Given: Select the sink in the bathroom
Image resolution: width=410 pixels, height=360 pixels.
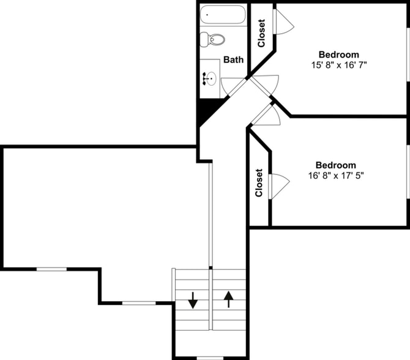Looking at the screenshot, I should (x=210, y=78).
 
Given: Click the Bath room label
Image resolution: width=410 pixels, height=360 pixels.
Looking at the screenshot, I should (x=233, y=60).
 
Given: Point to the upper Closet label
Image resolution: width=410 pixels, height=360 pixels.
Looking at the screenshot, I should (x=261, y=34).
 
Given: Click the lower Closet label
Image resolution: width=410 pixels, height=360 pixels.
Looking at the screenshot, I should (x=259, y=183).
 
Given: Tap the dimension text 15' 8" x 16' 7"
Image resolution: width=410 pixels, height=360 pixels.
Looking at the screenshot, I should (x=338, y=64).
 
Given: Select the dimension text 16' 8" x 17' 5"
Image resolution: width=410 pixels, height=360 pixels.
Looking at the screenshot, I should (x=335, y=174).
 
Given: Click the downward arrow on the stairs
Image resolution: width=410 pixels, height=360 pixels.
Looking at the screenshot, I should (x=193, y=300).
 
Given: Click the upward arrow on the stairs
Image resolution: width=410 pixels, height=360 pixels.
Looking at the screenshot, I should (x=229, y=299).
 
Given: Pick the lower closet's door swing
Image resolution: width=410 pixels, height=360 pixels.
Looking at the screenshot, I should (x=278, y=184).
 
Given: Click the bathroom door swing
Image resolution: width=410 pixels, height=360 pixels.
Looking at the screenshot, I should (x=232, y=86).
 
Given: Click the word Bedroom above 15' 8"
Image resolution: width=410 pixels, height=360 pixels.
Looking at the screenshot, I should (x=338, y=54).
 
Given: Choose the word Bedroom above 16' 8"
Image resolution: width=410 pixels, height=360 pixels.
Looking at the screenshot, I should (x=335, y=165).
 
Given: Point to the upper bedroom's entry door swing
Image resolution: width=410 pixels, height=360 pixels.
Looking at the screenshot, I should (x=269, y=83).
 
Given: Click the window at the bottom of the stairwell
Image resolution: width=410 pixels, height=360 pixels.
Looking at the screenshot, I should (x=210, y=358).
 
